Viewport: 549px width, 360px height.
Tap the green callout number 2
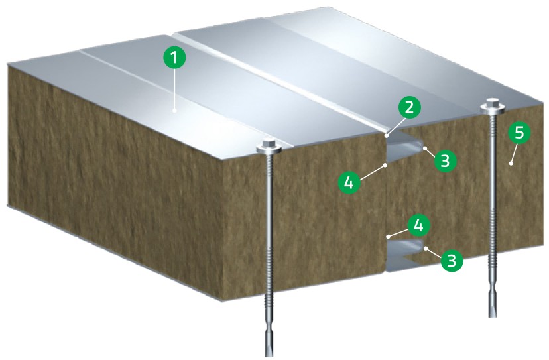click(408, 108)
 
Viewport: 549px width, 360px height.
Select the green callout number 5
click(519, 133)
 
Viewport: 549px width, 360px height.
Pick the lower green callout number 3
click(452, 261)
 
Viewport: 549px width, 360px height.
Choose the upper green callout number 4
click(349, 182)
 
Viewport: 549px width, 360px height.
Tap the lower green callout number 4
click(418, 226)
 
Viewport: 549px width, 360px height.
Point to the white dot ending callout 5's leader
click(511, 164)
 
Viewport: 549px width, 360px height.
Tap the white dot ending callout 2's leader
click(387, 135)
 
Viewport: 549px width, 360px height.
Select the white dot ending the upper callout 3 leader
click(425, 149)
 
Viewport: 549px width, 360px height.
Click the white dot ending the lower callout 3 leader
click(426, 249)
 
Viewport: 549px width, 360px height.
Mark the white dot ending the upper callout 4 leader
click(385, 164)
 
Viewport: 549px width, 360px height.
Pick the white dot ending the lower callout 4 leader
click(387, 237)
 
